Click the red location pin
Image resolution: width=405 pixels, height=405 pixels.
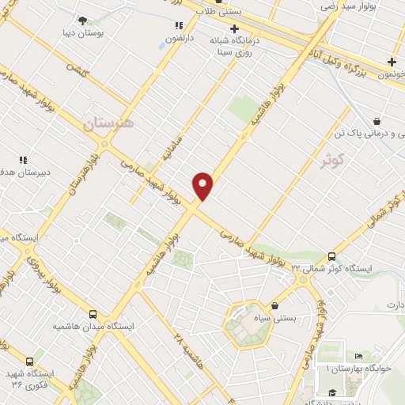pyautogui.click(x=203, y=186)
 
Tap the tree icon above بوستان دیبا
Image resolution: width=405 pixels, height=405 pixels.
pyautogui.click(x=83, y=21)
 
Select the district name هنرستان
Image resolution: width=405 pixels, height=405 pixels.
pyautogui.click(x=108, y=123)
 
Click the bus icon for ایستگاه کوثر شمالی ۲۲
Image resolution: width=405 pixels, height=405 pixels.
pyautogui.click(x=331, y=256)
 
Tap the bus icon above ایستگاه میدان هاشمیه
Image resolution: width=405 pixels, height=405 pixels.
pyautogui.click(x=93, y=314)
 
